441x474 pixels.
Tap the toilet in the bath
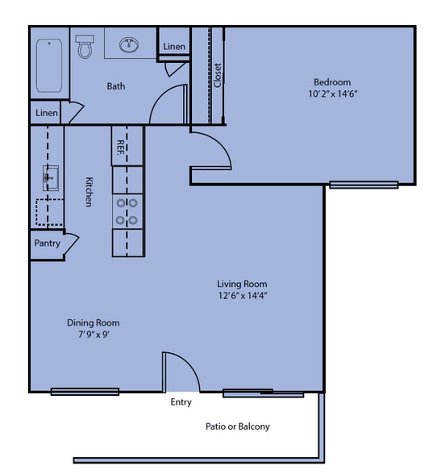coord(85,48)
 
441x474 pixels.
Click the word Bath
coord(116,86)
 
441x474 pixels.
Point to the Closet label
coord(217,76)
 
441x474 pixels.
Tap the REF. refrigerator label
coord(120,147)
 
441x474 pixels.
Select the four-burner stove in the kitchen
coord(126,211)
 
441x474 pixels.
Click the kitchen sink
coord(50,177)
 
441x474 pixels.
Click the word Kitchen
coord(89,192)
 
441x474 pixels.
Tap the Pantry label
coord(47,243)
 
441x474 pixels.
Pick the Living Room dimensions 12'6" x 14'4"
coord(242,296)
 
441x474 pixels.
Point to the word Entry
coord(181,402)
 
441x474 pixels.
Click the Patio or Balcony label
coord(237,426)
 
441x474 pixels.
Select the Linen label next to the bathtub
coord(47,113)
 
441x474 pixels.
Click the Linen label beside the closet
coord(174,47)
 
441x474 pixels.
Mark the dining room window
coord(85,392)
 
